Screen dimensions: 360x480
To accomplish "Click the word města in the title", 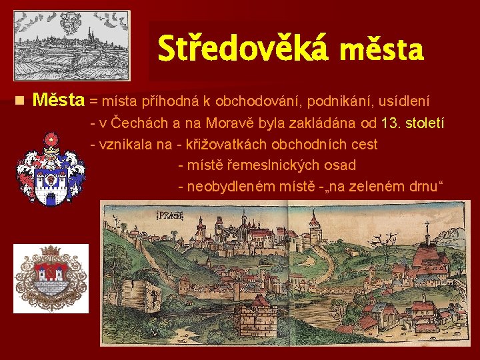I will [381, 50].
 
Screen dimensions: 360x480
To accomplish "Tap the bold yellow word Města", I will [59, 101].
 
